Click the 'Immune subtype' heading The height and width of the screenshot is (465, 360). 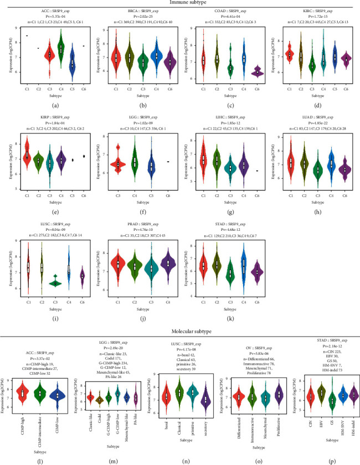coord(179,3)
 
